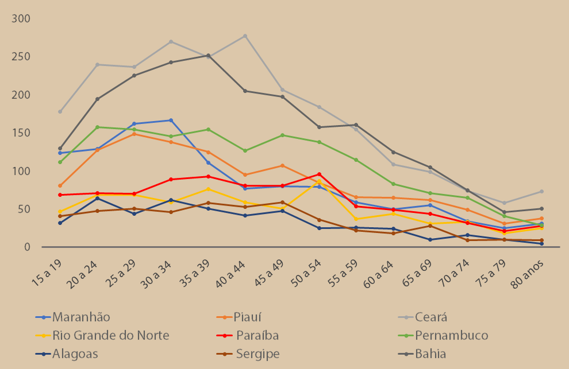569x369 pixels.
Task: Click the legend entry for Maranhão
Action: [81, 317]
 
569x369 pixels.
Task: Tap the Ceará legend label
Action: [432, 317]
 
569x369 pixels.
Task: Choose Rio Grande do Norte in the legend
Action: [110, 336]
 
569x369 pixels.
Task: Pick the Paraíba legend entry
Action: [257, 336]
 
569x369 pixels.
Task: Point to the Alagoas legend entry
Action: [75, 354]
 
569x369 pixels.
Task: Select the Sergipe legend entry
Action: [257, 354]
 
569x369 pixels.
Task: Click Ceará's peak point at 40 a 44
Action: [245, 36]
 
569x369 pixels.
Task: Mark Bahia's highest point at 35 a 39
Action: [208, 56]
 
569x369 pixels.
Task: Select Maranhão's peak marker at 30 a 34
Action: [171, 120]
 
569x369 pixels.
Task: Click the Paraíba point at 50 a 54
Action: [319, 174]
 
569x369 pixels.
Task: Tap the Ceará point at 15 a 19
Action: [60, 111]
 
